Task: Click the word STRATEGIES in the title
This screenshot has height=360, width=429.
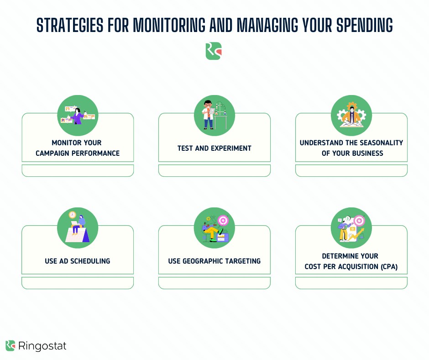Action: (x=70, y=25)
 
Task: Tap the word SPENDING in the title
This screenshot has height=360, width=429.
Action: (x=365, y=25)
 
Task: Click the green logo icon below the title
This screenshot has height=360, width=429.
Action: (x=214, y=51)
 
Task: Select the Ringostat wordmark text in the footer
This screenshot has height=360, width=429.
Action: (x=42, y=346)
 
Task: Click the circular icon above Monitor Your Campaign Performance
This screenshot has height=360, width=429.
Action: (x=78, y=115)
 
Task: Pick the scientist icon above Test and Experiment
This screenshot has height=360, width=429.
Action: (x=214, y=115)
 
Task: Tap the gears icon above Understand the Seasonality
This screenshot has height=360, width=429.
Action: (x=351, y=115)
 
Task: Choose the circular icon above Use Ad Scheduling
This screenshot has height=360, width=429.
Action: (x=78, y=228)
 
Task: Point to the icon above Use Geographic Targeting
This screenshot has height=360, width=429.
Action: (x=214, y=228)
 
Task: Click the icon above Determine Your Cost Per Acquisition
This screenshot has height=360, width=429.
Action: (x=351, y=228)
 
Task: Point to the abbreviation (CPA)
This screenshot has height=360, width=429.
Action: (x=389, y=267)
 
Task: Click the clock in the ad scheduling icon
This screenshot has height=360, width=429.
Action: (x=72, y=215)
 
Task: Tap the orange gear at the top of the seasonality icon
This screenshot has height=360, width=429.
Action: (x=351, y=106)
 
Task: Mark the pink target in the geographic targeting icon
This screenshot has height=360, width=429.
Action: (x=223, y=220)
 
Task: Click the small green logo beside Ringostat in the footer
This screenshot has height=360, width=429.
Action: (x=10, y=346)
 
